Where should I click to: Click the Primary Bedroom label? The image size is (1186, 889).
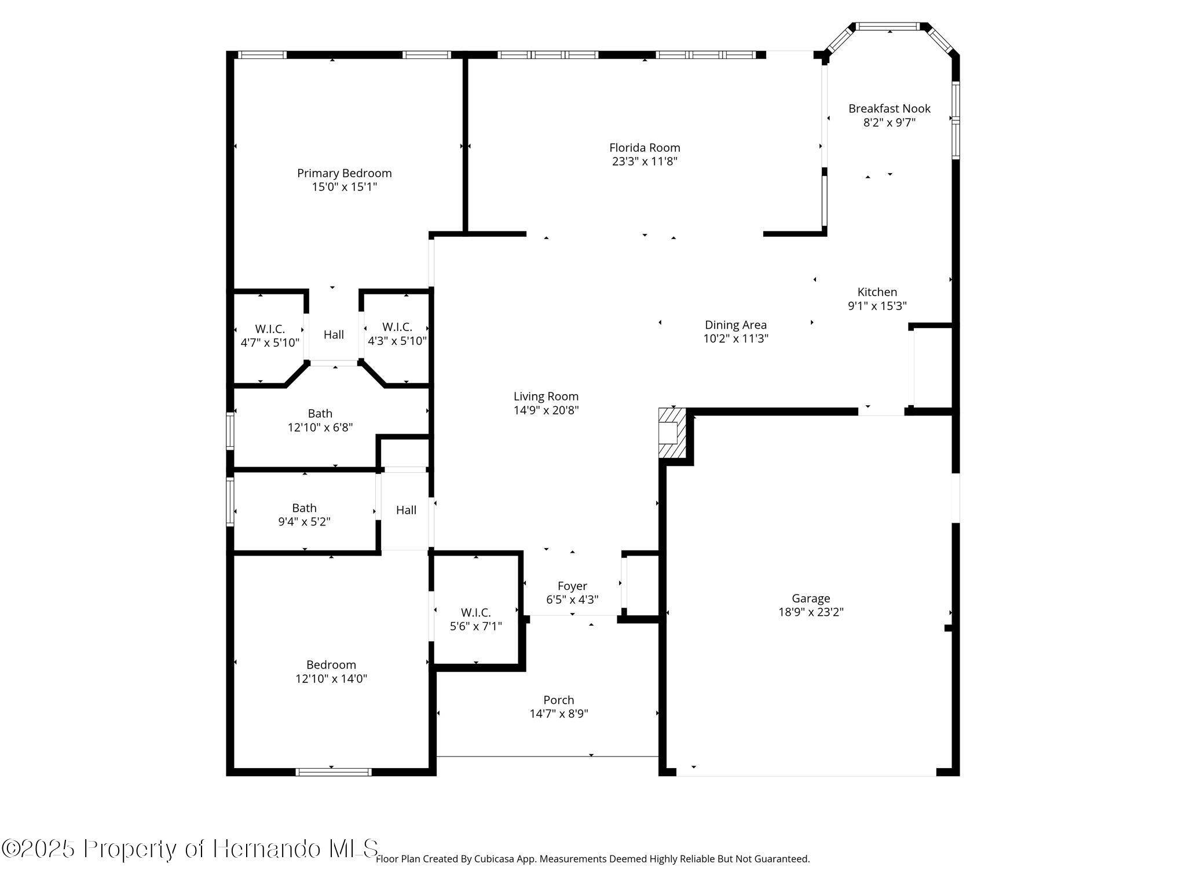click(344, 173)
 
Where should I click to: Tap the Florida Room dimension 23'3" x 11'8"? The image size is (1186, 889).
click(645, 161)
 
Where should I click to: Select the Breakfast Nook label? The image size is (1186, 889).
click(889, 108)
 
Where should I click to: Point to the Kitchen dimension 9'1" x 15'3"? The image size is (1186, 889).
click(877, 306)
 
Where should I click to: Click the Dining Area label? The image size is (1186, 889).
click(735, 325)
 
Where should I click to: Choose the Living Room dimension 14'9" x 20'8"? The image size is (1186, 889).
click(546, 410)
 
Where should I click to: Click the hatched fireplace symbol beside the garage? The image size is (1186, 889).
click(672, 433)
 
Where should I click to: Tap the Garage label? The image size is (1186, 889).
click(811, 598)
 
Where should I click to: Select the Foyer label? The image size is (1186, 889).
click(572, 586)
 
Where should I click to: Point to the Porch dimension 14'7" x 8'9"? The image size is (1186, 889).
click(558, 714)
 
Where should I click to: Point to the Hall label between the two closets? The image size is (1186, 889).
click(334, 335)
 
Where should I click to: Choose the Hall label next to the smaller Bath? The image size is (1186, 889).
click(406, 510)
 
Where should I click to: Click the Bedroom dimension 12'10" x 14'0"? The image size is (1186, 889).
click(331, 679)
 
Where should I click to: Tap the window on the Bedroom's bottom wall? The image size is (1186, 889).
click(334, 772)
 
